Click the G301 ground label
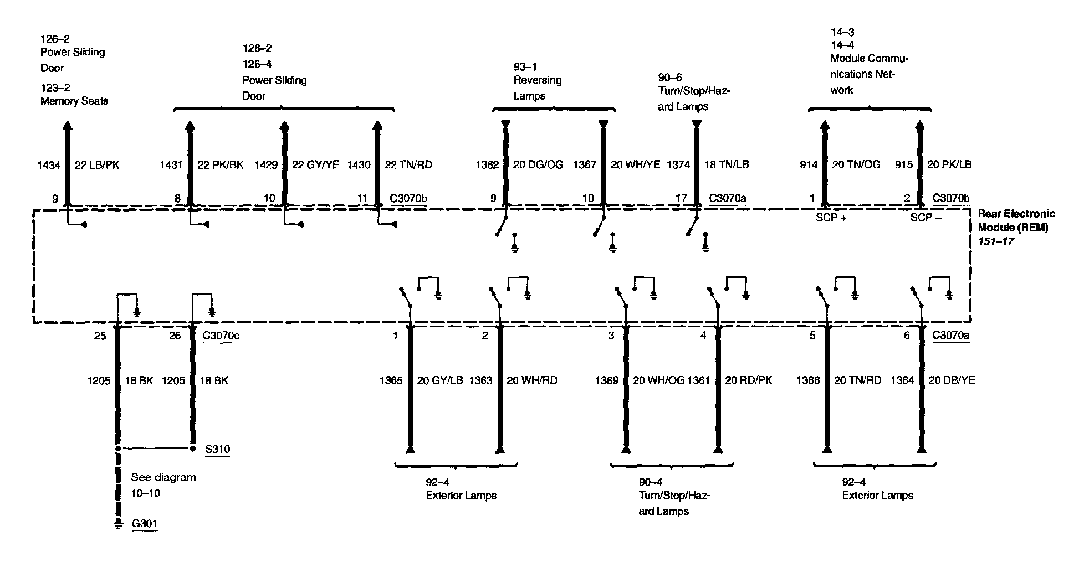coord(144,523)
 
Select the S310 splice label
coord(217,449)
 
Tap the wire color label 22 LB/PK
coord(97,164)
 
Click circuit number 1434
coord(49,165)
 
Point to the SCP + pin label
coord(831,218)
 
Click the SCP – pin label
coord(926,218)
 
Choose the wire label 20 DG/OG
coord(538,164)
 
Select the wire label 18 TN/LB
coord(727,164)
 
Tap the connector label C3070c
coord(221,335)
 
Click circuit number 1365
coord(391,380)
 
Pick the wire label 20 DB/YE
coord(952,380)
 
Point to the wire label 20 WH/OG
coord(658,380)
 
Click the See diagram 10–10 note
coord(163,485)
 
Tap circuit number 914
coord(809,164)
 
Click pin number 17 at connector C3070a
coord(681,198)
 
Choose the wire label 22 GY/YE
coord(315,164)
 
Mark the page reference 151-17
coord(996,241)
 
